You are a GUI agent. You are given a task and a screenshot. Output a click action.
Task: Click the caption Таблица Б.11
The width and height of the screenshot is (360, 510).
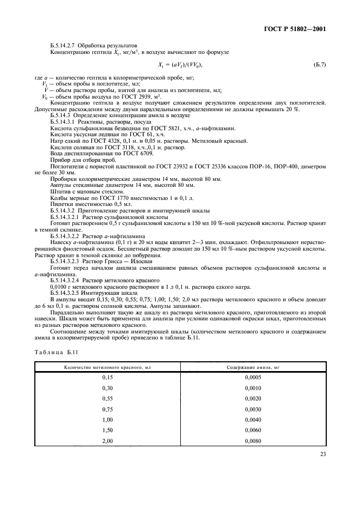pyautogui.click(x=56, y=353)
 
